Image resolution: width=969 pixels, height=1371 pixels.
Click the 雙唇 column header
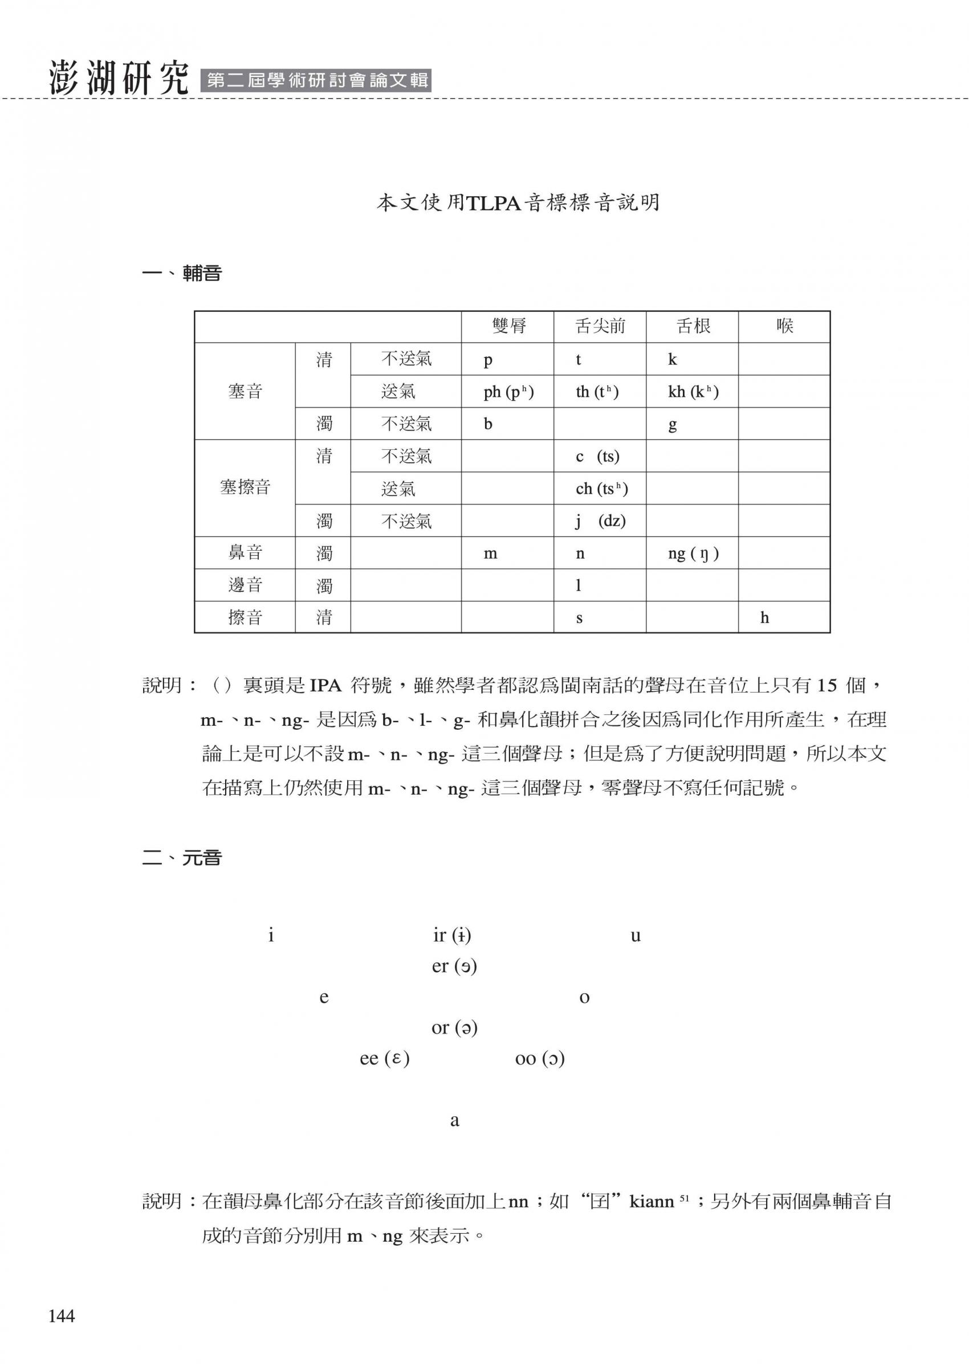[508, 326]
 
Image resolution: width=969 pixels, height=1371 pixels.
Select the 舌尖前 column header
[600, 326]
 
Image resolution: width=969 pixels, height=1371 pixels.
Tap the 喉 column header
[784, 326]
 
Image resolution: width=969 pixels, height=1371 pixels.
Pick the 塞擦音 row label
[245, 487]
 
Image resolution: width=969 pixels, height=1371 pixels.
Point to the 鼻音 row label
[245, 552]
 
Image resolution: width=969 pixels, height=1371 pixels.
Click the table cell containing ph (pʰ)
[508, 392]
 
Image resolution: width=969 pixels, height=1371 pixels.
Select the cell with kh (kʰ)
[693, 392]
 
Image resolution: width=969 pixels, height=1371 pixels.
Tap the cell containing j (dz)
[600, 520]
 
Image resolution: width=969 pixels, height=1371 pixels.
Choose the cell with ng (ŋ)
[693, 554]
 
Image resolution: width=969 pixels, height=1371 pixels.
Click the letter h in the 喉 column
[764, 617]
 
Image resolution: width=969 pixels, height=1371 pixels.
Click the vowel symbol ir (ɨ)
[452, 935]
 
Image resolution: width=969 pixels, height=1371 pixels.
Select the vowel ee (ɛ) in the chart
[385, 1059]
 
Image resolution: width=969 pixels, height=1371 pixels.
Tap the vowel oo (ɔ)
[540, 1059]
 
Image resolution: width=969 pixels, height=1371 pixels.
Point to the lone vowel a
[454, 1121]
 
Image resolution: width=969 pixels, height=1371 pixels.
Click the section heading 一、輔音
[182, 274]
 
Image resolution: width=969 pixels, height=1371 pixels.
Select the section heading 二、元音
[182, 858]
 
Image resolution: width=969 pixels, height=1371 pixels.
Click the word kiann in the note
[652, 1202]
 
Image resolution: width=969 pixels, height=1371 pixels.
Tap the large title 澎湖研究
[119, 78]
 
